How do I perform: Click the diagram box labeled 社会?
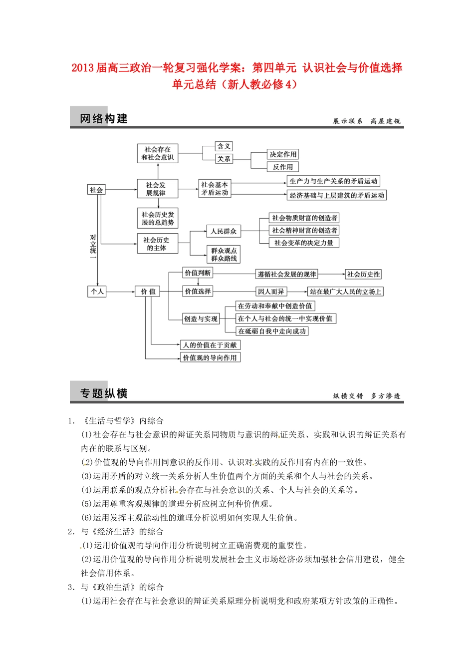click(96, 190)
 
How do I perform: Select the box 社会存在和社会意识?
click(158, 153)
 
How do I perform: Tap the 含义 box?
click(224, 146)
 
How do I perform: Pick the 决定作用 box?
click(283, 154)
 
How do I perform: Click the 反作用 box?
click(283, 167)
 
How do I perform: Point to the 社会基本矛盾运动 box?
click(215, 189)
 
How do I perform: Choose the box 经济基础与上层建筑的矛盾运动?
click(337, 195)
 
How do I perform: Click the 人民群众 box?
click(224, 231)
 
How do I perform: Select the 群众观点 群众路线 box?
click(224, 254)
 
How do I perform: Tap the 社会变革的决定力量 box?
click(304, 243)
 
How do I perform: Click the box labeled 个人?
click(97, 291)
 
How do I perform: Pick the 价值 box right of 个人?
click(148, 291)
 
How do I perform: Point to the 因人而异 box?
click(271, 292)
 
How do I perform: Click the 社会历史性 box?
click(363, 274)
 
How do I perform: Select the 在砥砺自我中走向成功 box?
click(272, 331)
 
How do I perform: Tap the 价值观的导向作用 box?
click(210, 357)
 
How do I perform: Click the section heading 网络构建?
click(104, 118)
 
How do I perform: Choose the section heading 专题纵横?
click(104, 393)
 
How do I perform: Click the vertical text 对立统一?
click(93, 244)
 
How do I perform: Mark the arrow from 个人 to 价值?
click(120, 291)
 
